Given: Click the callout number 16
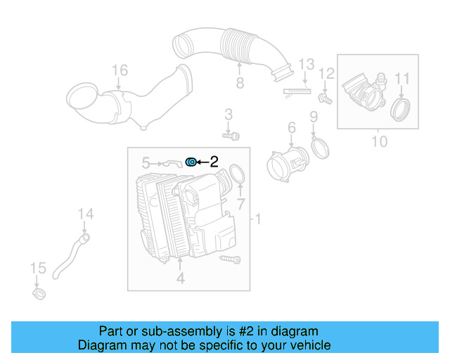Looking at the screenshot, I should [x=120, y=70].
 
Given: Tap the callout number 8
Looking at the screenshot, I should [x=239, y=84].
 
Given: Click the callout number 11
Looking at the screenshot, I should [x=401, y=77].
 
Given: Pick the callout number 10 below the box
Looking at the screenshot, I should [x=379, y=141].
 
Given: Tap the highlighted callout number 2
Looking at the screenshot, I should [x=214, y=162].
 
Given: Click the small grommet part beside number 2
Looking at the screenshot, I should [x=191, y=162].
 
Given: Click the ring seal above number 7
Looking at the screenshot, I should [x=238, y=174].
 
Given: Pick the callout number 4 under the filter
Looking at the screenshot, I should [x=180, y=278].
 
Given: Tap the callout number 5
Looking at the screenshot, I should [x=146, y=162].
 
